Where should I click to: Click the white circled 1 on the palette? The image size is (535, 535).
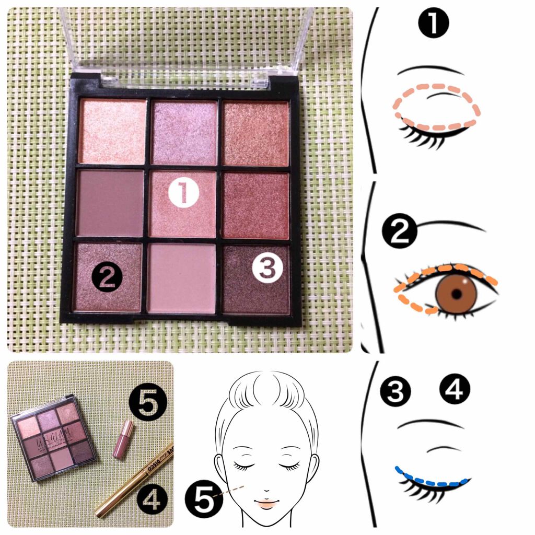pyautogui.click(x=184, y=193)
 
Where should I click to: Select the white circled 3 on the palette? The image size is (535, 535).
pyautogui.click(x=266, y=269)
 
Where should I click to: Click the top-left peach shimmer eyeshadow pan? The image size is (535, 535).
pyautogui.click(x=112, y=131)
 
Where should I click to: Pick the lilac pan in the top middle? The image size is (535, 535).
pyautogui.click(x=184, y=132)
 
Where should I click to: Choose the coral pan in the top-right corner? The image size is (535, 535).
pyautogui.click(x=255, y=133)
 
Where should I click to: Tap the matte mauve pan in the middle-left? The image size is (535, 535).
pyautogui.click(x=110, y=204)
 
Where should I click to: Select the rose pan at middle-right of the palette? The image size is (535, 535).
pyautogui.click(x=256, y=205)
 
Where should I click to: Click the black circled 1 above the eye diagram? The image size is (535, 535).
pyautogui.click(x=434, y=23)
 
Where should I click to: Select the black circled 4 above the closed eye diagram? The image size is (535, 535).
pyautogui.click(x=455, y=389)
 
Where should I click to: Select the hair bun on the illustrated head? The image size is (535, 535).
pyautogui.click(x=266, y=387)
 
